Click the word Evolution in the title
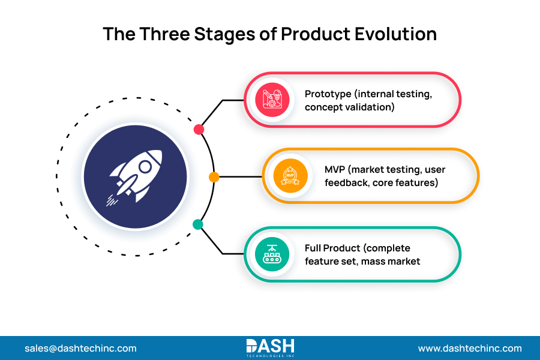pos(397,34)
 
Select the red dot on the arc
pos(199,130)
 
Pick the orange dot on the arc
pos(214,177)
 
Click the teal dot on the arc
pos(197,224)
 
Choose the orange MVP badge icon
pos(290,176)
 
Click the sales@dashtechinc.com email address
pos(80,348)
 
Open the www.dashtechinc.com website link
pos(470,348)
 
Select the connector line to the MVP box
pos(240,177)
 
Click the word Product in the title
pos(315,34)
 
